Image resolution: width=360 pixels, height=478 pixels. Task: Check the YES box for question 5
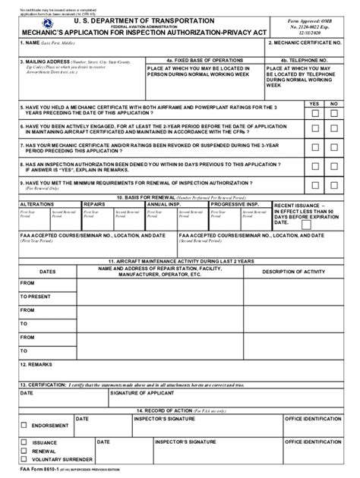[x=315, y=113]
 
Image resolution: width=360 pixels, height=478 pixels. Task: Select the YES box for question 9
[x=315, y=184]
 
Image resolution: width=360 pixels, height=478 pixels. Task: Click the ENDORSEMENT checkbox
[x=24, y=425]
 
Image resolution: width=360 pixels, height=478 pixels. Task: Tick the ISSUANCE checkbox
[x=24, y=442]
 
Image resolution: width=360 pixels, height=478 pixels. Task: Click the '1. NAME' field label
[x=29, y=43]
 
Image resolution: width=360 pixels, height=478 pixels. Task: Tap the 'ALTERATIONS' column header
[x=36, y=205]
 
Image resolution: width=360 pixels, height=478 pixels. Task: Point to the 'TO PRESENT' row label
[x=36, y=296]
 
